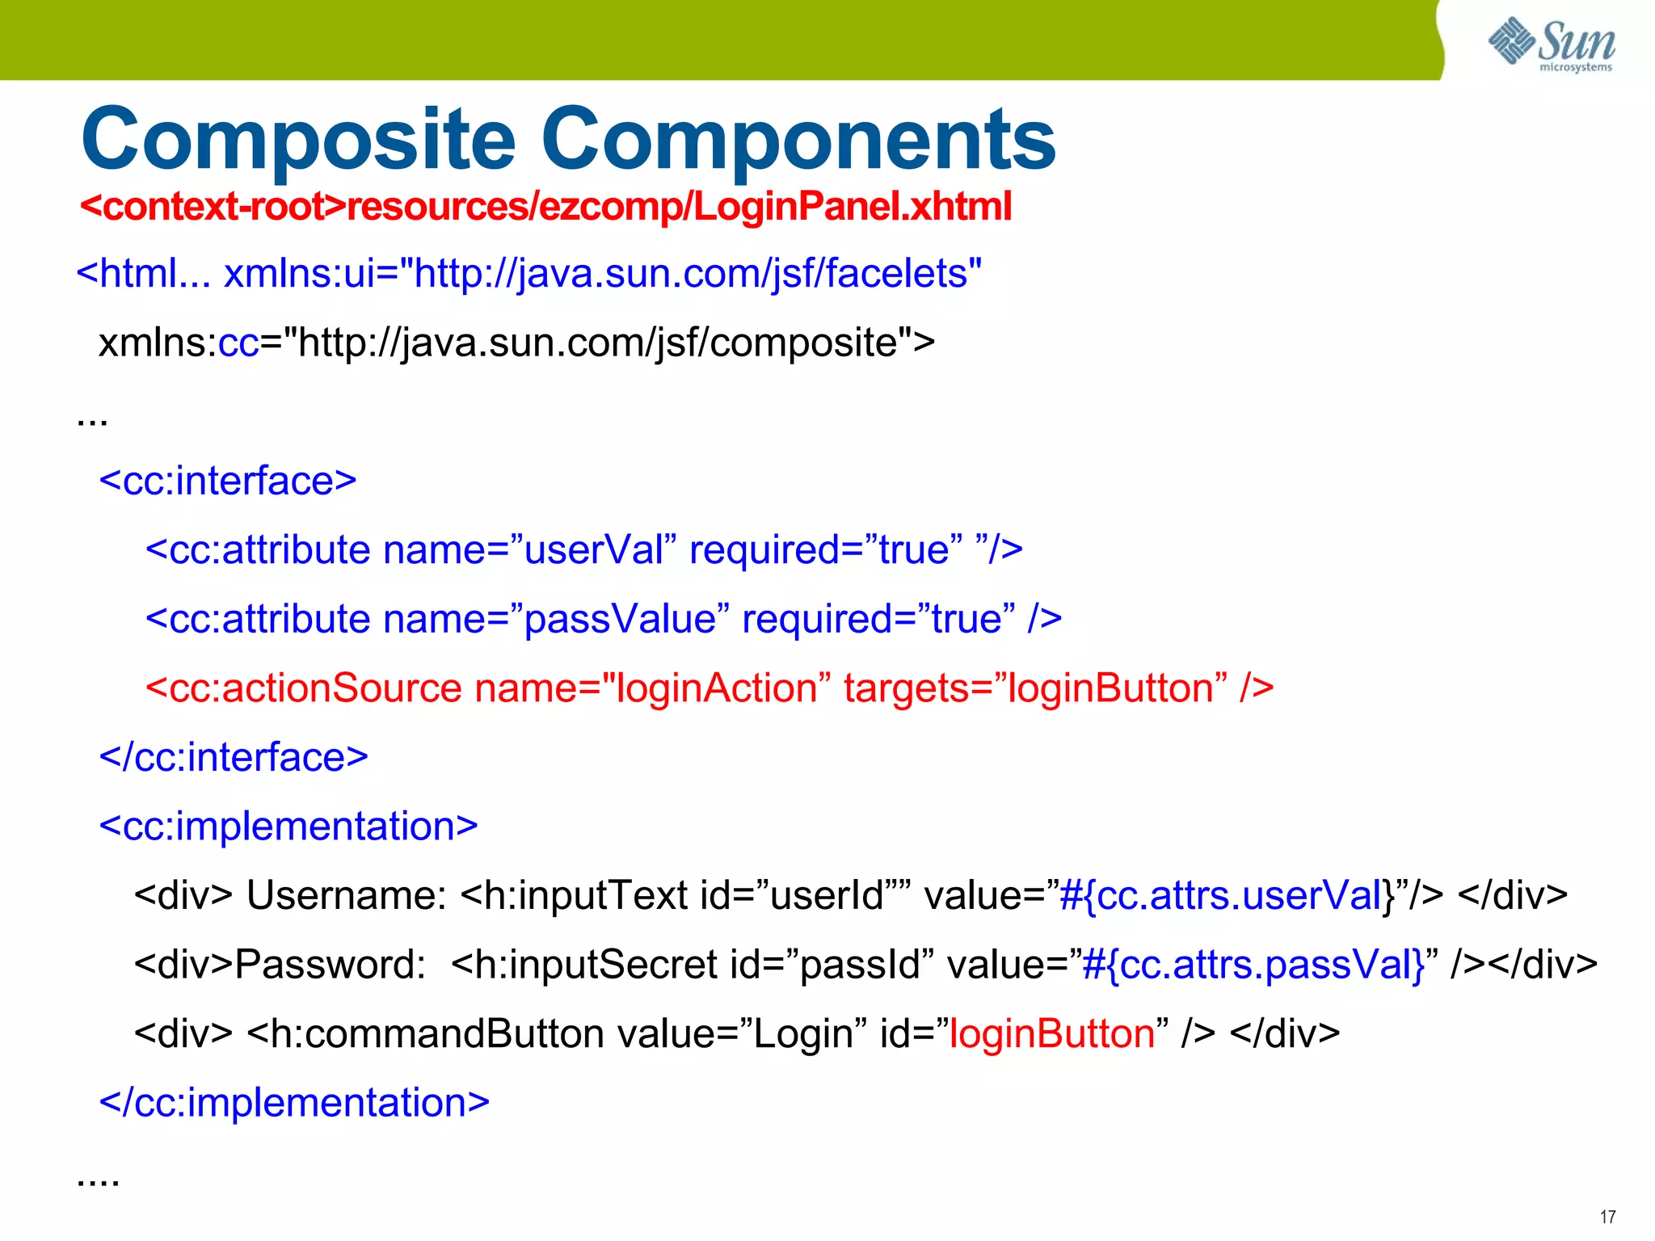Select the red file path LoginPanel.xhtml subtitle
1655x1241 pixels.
point(545,207)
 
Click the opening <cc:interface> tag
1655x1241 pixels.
point(227,482)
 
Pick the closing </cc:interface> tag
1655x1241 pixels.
point(233,758)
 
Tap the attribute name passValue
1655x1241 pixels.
point(620,620)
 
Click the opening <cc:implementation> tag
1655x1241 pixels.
point(288,827)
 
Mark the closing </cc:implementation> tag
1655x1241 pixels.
point(294,1103)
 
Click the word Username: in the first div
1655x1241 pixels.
point(347,895)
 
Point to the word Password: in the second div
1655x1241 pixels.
point(331,965)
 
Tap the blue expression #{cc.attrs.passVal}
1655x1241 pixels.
point(1253,965)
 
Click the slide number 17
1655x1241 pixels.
point(1607,1217)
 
